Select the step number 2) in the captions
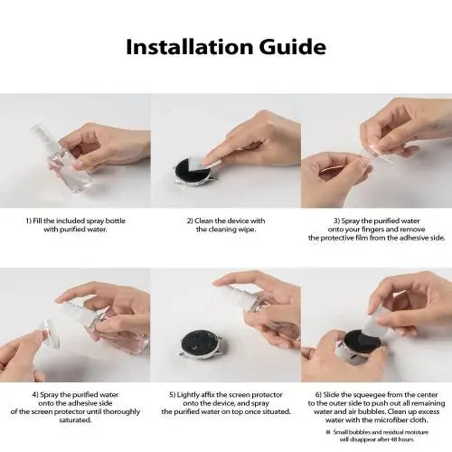click(x=191, y=221)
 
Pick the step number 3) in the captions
click(x=335, y=221)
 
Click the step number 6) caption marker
click(x=317, y=394)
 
